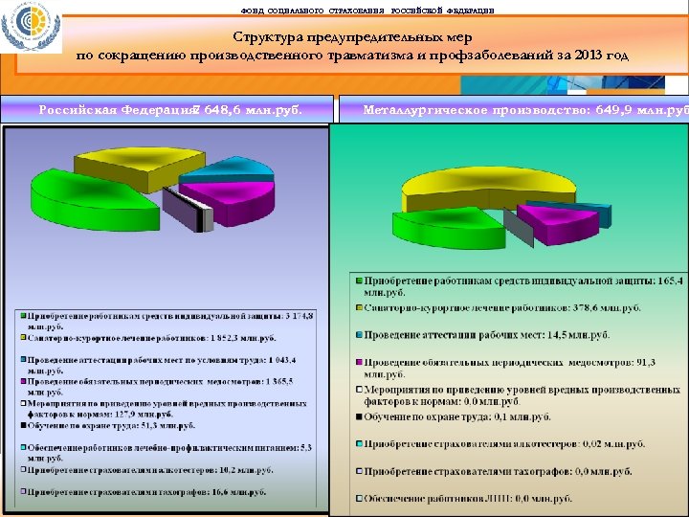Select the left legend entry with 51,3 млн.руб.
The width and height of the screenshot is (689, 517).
[104, 434]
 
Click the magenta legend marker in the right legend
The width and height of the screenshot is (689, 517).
[359, 363]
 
